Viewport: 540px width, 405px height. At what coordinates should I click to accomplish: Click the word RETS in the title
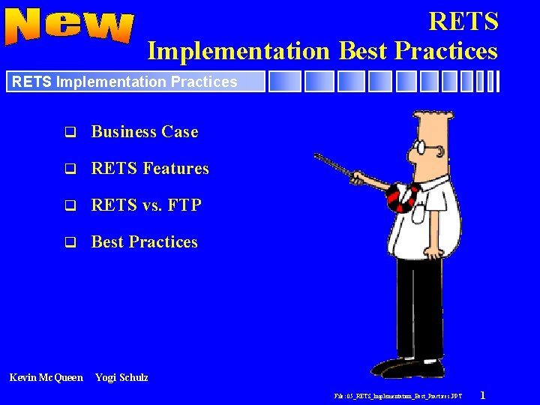pyautogui.click(x=463, y=21)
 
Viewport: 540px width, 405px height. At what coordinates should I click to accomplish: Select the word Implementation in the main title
pyautogui.click(x=238, y=50)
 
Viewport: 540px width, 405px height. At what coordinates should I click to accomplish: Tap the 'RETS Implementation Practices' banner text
pyautogui.click(x=124, y=82)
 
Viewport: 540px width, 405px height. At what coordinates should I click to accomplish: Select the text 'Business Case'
pyautogui.click(x=145, y=132)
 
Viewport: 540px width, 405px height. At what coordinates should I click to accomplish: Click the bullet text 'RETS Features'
pyautogui.click(x=150, y=169)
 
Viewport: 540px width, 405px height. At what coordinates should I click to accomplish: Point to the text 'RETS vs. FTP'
pyautogui.click(x=146, y=205)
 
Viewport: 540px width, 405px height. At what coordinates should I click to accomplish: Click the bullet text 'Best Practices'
pyautogui.click(x=145, y=242)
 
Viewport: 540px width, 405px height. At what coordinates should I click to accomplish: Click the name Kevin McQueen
pyautogui.click(x=46, y=377)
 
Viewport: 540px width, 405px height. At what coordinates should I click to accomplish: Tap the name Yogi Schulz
pyautogui.click(x=121, y=377)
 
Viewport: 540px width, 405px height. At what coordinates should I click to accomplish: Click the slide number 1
pyautogui.click(x=482, y=394)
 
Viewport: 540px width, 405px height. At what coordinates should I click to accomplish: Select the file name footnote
pyautogui.click(x=398, y=395)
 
